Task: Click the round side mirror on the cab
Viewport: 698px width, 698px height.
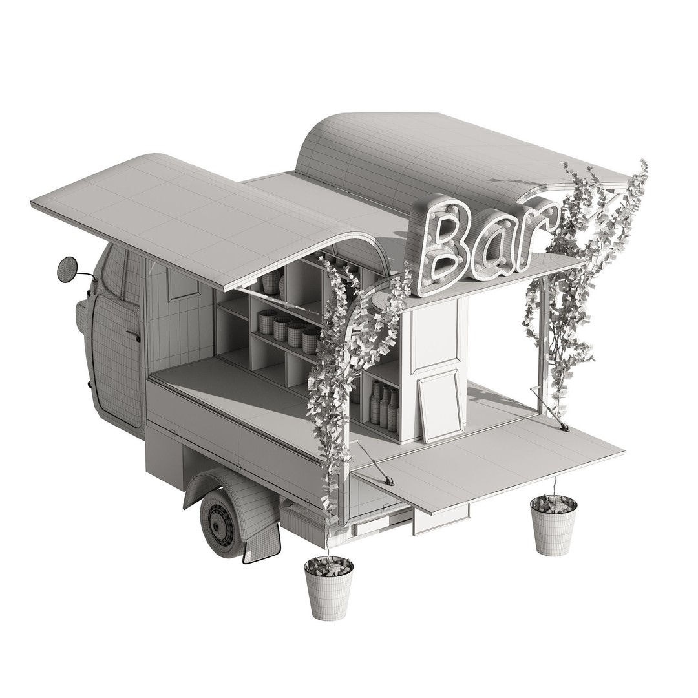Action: coord(68,270)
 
